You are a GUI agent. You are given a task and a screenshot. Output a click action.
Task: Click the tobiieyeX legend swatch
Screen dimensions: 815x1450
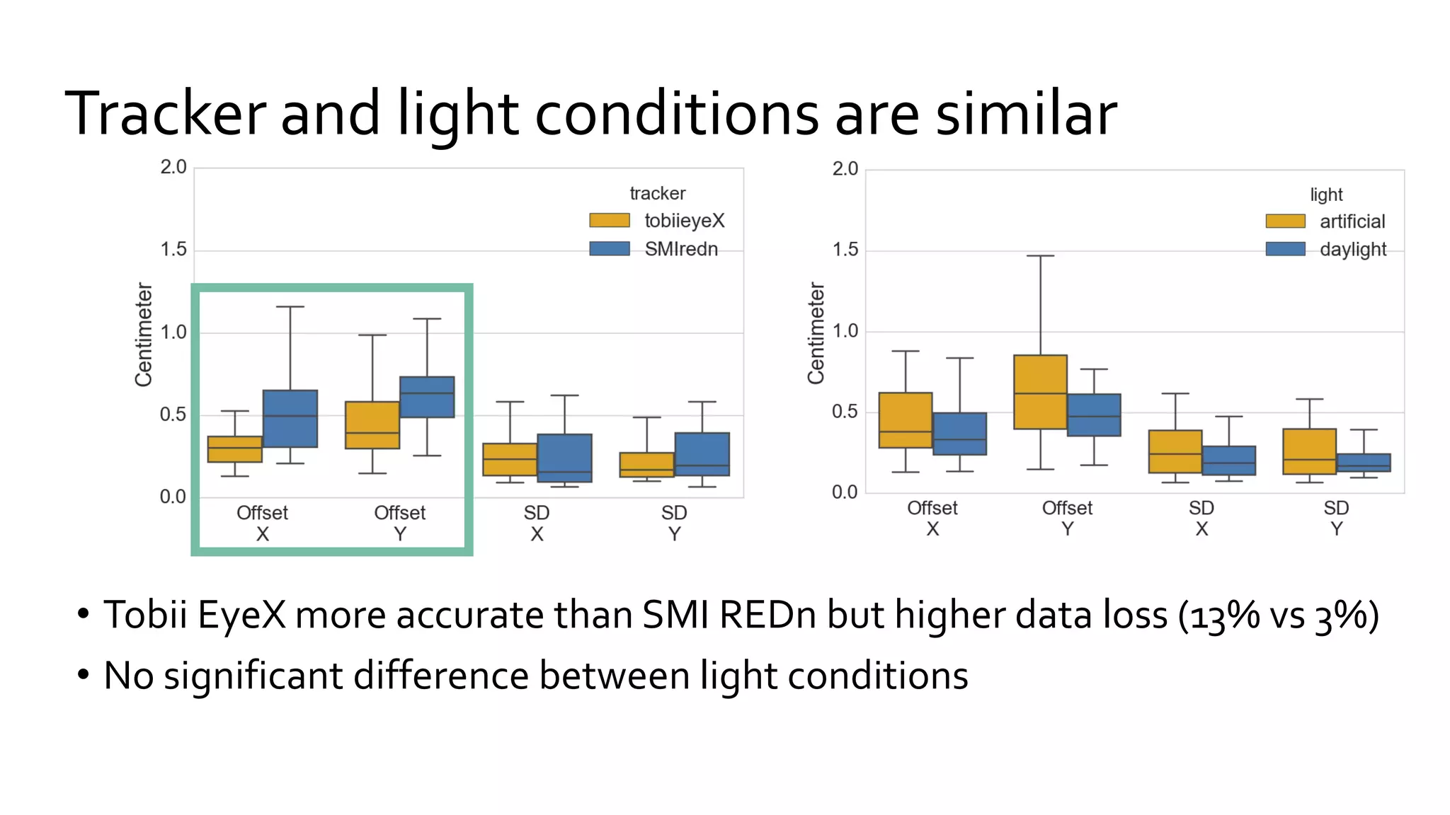pos(609,221)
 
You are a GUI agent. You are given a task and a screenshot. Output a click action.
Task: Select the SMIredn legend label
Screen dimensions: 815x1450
pos(680,249)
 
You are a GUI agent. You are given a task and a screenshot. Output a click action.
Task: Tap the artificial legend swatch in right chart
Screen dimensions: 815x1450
pos(1285,221)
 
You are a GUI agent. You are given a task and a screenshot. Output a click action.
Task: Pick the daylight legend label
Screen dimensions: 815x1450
pos(1352,249)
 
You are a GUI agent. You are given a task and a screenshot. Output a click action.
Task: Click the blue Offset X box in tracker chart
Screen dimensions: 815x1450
pos(290,418)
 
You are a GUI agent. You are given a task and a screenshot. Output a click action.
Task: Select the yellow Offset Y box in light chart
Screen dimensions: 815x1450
pos(1040,392)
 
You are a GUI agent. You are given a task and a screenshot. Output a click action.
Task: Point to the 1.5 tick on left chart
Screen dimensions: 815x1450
pos(173,250)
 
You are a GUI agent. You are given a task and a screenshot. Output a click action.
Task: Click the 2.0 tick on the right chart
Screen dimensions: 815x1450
pos(845,169)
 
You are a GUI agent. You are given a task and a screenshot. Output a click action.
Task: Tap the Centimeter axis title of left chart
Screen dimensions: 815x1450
pos(144,334)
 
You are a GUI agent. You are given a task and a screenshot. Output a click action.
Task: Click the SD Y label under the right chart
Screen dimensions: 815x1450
pos(1336,519)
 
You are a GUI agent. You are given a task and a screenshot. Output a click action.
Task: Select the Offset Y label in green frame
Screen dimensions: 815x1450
pos(400,523)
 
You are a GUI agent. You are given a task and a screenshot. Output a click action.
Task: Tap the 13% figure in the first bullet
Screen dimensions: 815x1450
pos(1225,615)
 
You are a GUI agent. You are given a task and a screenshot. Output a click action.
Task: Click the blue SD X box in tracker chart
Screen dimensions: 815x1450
pos(564,458)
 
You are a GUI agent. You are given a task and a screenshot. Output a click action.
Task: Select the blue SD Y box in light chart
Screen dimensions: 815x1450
pos(1364,463)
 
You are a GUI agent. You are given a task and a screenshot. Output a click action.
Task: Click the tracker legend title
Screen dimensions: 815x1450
pos(657,193)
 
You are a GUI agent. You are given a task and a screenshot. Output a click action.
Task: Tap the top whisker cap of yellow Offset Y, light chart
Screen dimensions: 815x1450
pos(1040,256)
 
